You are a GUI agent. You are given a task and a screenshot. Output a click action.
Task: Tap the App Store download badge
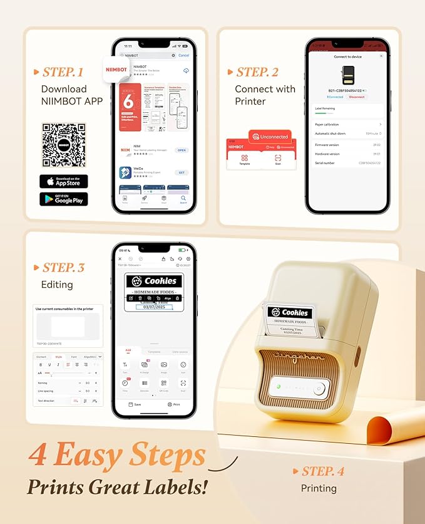63,181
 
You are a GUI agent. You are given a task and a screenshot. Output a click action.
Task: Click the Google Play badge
63,199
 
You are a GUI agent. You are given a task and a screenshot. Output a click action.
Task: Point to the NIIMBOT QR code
63,144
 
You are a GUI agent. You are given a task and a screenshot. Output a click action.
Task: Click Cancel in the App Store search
183,55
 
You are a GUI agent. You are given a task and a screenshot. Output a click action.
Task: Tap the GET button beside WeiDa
182,172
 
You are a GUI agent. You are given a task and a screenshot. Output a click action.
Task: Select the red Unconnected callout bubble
269,136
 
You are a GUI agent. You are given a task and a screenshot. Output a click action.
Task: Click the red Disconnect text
357,97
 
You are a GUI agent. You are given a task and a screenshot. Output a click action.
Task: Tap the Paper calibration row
347,125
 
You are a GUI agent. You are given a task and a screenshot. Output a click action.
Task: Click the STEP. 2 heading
257,73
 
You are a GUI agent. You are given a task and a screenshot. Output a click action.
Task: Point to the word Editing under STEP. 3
58,285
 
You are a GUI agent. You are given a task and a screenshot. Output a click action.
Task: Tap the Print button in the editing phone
173,404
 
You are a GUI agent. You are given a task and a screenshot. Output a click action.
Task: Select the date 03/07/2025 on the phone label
154,307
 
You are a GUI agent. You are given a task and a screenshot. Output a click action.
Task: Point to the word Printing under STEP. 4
319,488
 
